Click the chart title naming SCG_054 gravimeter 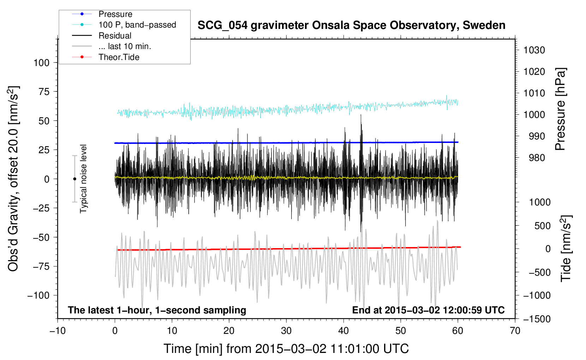[x=351, y=25]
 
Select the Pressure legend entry [x=115, y=14]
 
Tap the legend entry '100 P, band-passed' [x=137, y=25]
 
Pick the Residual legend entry [x=115, y=36]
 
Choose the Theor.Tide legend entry [x=119, y=57]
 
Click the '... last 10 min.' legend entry [x=125, y=46]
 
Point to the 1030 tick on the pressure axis [x=534, y=50]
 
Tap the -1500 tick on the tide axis [x=537, y=319]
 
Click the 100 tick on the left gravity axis [x=41, y=63]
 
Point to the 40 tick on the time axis [x=343, y=331]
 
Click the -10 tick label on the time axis [x=58, y=331]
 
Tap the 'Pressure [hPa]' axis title [x=561, y=109]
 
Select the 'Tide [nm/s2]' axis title [x=566, y=248]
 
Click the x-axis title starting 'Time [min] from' [x=286, y=349]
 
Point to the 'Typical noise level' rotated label [x=83, y=179]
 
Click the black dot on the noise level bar [x=74, y=179]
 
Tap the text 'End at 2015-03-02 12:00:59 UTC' [x=428, y=310]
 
